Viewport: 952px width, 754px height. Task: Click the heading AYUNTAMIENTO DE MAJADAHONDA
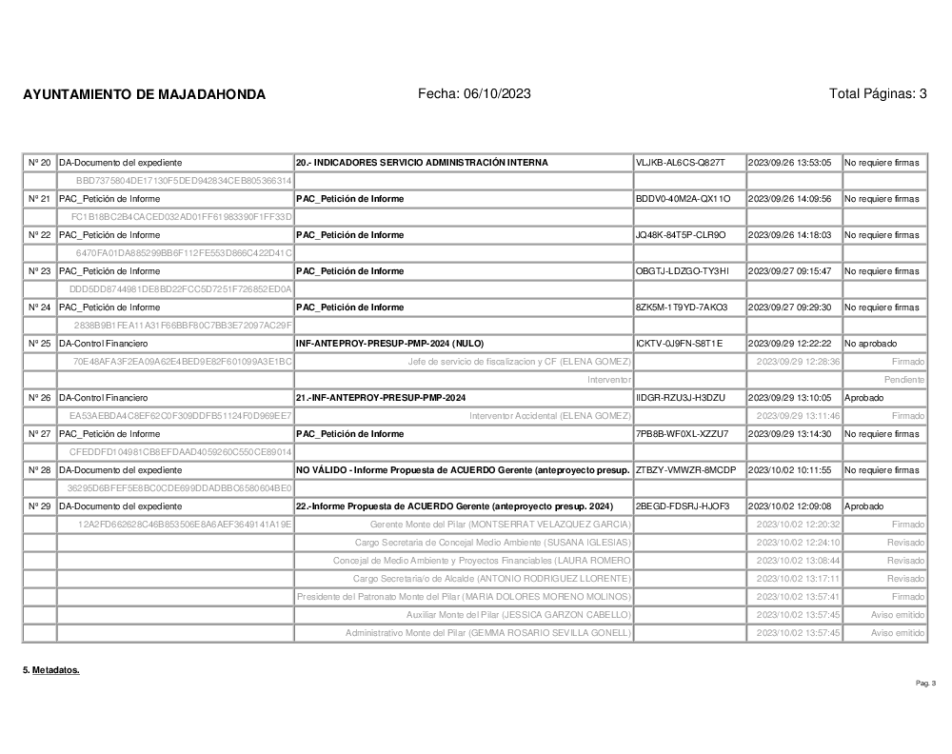pyautogui.click(x=144, y=94)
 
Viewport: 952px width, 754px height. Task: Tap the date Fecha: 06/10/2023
pyautogui.click(x=474, y=93)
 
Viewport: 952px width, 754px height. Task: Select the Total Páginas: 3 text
pyautogui.click(x=878, y=93)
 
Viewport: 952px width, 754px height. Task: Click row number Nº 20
pyautogui.click(x=39, y=163)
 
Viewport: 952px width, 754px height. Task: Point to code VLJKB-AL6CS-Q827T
pyautogui.click(x=681, y=163)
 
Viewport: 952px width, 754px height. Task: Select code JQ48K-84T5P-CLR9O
pyautogui.click(x=681, y=235)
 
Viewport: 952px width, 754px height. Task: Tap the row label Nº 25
pyautogui.click(x=39, y=344)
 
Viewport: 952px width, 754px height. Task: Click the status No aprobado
pyautogui.click(x=870, y=344)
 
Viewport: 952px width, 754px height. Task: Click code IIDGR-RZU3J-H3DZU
pyautogui.click(x=681, y=398)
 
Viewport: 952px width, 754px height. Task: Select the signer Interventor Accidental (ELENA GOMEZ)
pyautogui.click(x=550, y=416)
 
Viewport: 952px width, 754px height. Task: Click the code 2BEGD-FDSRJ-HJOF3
pyautogui.click(x=681, y=506)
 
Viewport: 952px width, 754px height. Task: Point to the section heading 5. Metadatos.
pyautogui.click(x=51, y=670)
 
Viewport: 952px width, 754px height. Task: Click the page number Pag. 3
pyautogui.click(x=925, y=684)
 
